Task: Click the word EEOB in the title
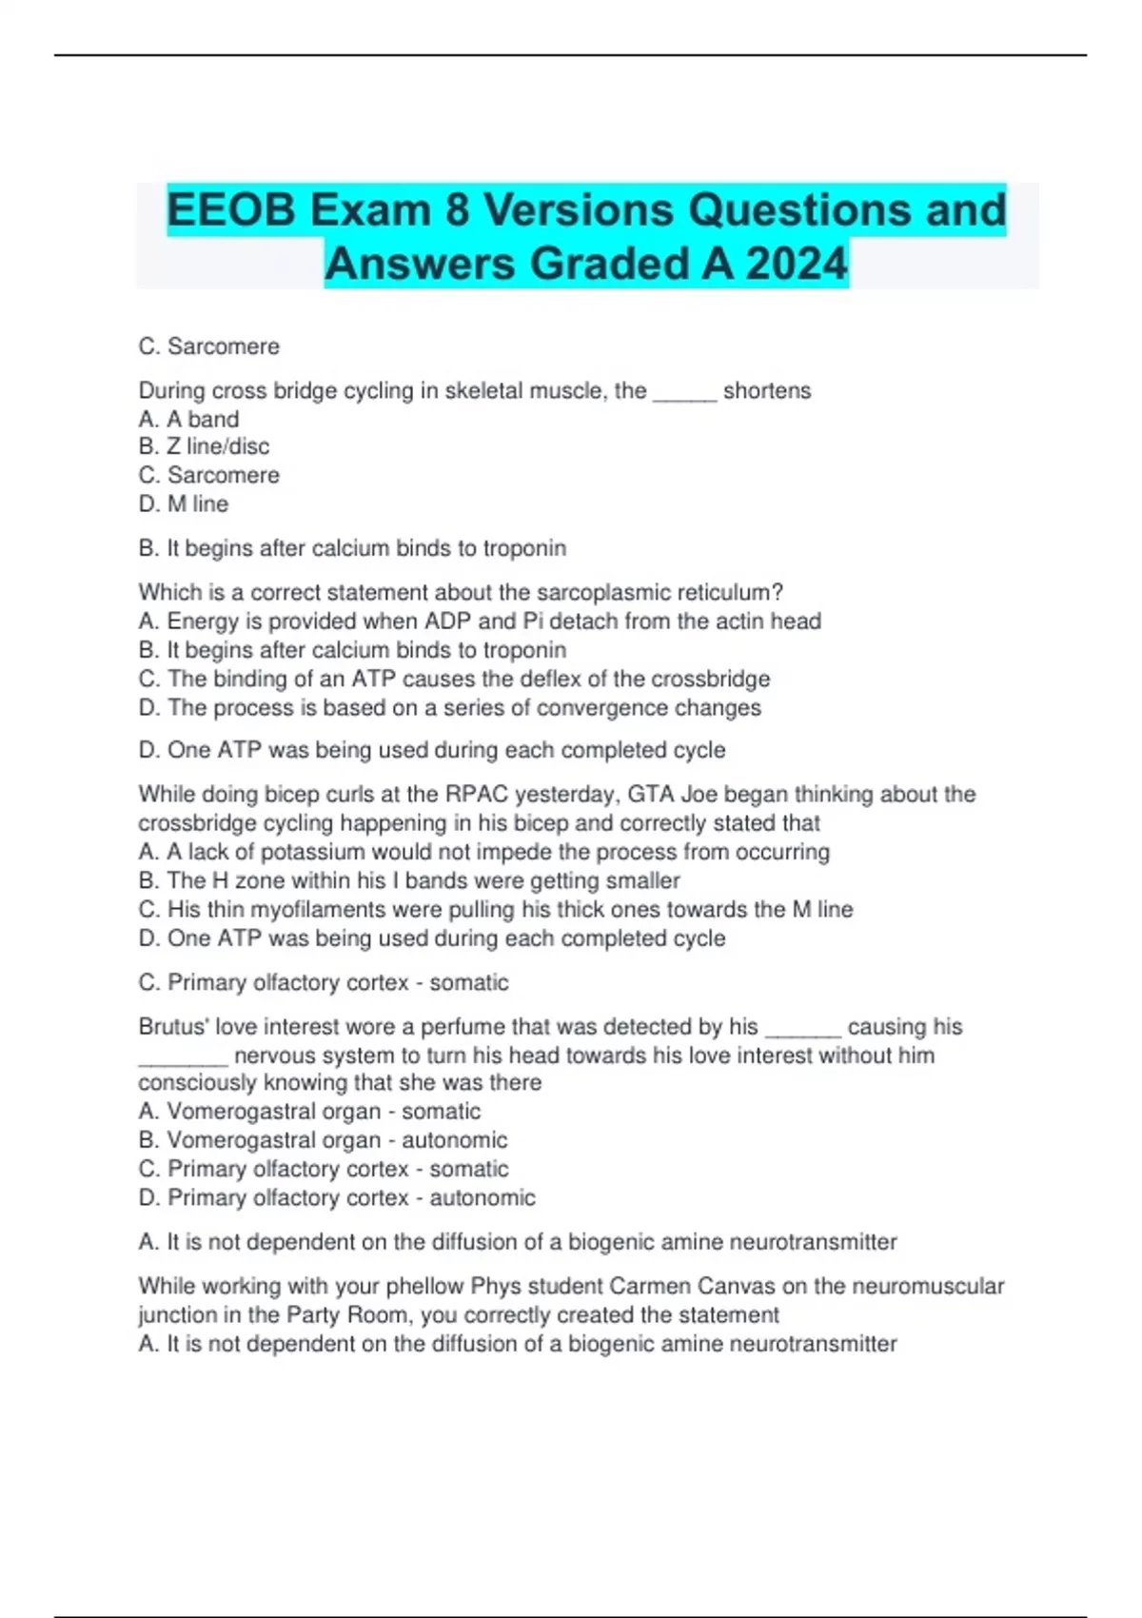coord(231,209)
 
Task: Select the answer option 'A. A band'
coord(188,419)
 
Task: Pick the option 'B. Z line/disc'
coord(204,446)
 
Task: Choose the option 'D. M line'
coord(184,503)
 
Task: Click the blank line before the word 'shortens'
coord(684,391)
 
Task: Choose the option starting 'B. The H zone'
coord(409,880)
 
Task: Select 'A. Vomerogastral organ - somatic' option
coord(309,1111)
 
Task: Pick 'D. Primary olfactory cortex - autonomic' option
coord(337,1197)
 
